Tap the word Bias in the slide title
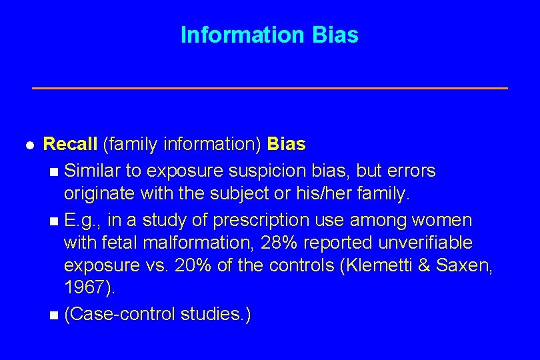pyautogui.click(x=334, y=35)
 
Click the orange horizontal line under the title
pyautogui.click(x=270, y=88)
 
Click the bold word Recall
pyautogui.click(x=70, y=143)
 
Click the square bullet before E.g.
pyautogui.click(x=54, y=221)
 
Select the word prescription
pyautogui.click(x=259, y=220)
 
